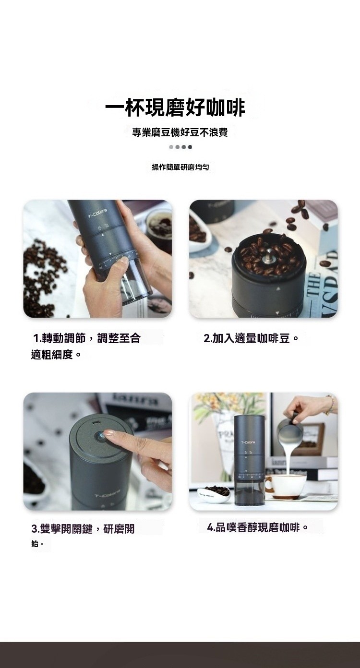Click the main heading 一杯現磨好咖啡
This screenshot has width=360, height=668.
click(175, 108)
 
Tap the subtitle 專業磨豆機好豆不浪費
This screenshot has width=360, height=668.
click(180, 132)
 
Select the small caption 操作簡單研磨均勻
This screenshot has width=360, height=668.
click(180, 167)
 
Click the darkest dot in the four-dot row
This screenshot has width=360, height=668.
click(190, 147)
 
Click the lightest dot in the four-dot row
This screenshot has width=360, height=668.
click(171, 147)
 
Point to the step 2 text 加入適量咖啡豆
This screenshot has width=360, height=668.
click(251, 338)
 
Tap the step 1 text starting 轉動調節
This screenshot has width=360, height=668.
click(86, 346)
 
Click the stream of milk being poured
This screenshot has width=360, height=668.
click(288, 462)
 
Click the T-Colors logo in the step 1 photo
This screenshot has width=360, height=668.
click(97, 214)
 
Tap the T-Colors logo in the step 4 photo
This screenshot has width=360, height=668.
click(248, 442)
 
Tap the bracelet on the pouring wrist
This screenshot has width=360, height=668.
click(330, 405)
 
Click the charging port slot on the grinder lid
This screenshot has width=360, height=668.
click(96, 423)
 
